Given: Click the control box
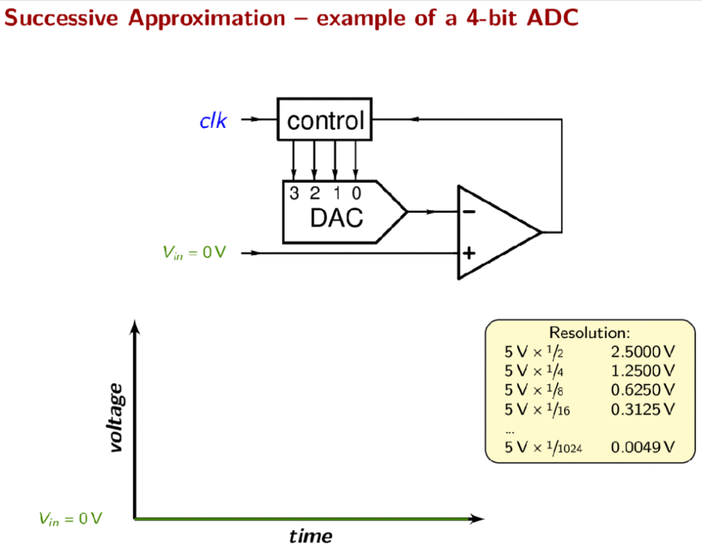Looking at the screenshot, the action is point(325,119).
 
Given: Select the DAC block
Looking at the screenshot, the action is point(344,211).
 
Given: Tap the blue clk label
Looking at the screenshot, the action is point(213,121).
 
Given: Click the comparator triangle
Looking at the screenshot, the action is point(500,232).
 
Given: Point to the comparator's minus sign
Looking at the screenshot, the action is point(469,211).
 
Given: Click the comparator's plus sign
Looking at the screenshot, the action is point(469,253).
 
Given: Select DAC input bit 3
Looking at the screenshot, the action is point(294,193).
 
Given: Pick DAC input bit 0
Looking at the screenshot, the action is point(356,193).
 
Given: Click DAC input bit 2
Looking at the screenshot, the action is point(314,193).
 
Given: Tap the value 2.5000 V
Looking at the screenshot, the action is point(642,352).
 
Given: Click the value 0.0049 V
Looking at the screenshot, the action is point(642,447).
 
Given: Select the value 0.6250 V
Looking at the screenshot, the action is point(642,390).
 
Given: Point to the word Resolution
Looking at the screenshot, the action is point(589,332).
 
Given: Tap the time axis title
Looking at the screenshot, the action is point(310,536).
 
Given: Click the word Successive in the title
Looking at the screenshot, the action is point(61,18).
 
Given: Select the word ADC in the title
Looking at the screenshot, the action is point(552,18).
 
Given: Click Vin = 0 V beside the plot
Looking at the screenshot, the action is point(70,519).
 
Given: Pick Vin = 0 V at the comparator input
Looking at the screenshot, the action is point(194,253).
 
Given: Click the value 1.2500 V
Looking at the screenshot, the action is point(642,371).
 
